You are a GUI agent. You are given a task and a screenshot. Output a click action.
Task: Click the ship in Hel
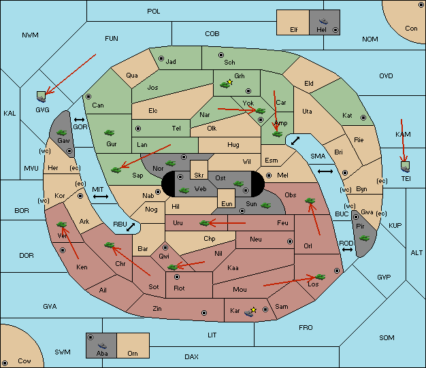point(323,21)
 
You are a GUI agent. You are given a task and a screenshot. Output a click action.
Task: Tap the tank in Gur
point(109,133)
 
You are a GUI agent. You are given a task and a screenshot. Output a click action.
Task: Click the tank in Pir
point(364,238)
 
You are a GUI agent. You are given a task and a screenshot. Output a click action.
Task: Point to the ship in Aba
point(102,345)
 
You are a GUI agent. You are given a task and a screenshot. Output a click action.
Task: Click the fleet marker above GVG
point(42,97)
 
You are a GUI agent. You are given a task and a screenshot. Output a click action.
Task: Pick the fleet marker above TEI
point(406,167)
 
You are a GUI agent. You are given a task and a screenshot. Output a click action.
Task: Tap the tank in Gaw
point(62,132)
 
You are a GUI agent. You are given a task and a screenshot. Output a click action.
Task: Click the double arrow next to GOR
point(80,120)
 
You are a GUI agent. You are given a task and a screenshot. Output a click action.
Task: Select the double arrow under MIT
point(101,197)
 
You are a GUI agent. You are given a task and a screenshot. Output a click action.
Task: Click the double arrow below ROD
point(347,250)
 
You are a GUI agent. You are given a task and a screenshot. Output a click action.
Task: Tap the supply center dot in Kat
point(363,118)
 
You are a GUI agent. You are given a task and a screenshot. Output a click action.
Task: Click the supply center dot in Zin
point(204,313)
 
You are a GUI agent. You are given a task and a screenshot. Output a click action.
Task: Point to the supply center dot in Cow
point(5,363)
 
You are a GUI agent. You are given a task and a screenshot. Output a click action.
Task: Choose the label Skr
point(199,175)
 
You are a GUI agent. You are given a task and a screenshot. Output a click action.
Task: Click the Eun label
point(227,203)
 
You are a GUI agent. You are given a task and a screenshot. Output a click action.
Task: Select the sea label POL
point(154,12)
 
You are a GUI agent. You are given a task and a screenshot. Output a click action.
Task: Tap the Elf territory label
point(294,30)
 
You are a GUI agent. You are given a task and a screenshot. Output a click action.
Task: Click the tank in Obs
point(310,201)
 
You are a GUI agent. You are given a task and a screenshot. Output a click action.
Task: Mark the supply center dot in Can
point(88,97)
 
